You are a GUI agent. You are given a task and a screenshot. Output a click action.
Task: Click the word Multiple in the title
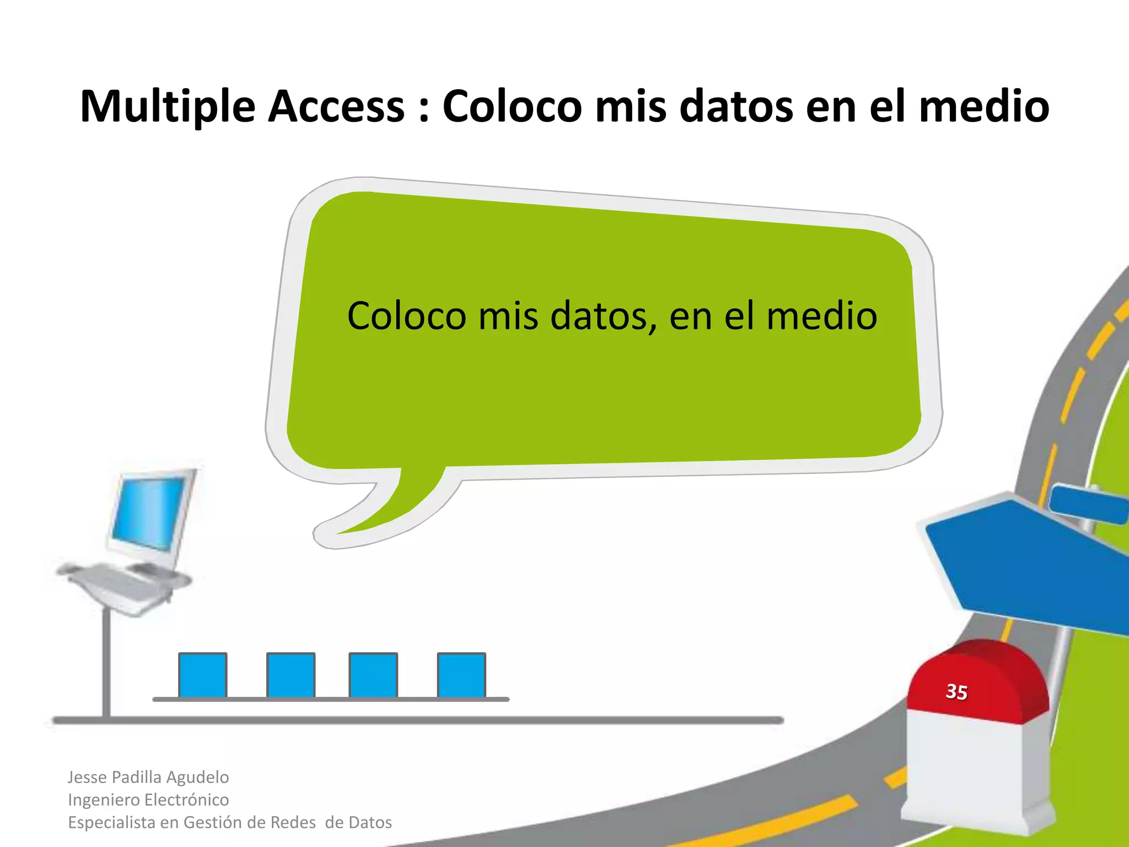tap(168, 106)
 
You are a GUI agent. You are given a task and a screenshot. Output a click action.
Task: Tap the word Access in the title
tap(336, 106)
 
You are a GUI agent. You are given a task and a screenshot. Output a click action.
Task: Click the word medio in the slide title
tap(984, 106)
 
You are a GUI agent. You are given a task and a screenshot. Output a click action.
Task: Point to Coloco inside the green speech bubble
tap(406, 316)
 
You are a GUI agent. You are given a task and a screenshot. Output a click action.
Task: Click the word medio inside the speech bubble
tap(821, 316)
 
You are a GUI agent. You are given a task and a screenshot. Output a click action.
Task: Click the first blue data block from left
tap(202, 675)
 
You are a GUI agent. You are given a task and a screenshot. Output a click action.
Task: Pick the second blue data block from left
tap(291, 675)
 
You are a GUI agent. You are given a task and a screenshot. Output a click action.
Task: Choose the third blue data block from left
tap(373, 675)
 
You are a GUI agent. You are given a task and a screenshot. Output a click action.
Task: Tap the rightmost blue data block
tap(461, 675)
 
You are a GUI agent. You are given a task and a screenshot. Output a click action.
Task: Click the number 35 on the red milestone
tap(956, 691)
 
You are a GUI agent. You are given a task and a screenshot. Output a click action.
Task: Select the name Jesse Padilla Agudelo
tap(148, 777)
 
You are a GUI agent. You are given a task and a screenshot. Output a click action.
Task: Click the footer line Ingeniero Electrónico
tap(148, 800)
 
